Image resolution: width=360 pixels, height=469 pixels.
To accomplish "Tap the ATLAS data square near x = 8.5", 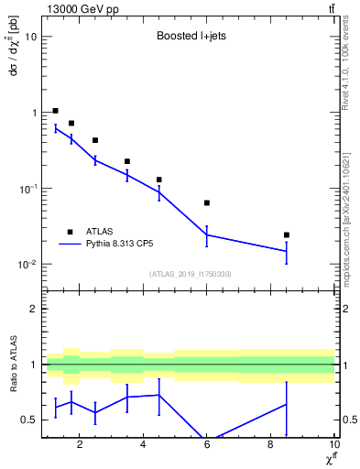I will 287,235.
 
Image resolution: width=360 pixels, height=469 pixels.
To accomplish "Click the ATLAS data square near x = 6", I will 207,202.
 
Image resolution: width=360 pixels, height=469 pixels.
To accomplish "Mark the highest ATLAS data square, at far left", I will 56,111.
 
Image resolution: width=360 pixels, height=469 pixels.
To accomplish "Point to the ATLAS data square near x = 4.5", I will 159,180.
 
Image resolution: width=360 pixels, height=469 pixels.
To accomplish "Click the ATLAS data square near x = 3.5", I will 127,161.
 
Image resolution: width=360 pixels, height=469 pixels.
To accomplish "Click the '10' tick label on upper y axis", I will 31,37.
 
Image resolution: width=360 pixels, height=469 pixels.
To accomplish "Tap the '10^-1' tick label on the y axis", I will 27,189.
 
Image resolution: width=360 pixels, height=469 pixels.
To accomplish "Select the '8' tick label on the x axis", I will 270,446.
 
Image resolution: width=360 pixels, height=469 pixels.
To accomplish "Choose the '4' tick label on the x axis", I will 143,446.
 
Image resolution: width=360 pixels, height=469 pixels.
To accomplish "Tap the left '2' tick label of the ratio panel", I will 34,309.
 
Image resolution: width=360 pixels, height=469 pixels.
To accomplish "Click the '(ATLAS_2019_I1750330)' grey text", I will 189,274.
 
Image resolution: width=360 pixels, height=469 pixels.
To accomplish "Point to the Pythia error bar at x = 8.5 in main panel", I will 287,251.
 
